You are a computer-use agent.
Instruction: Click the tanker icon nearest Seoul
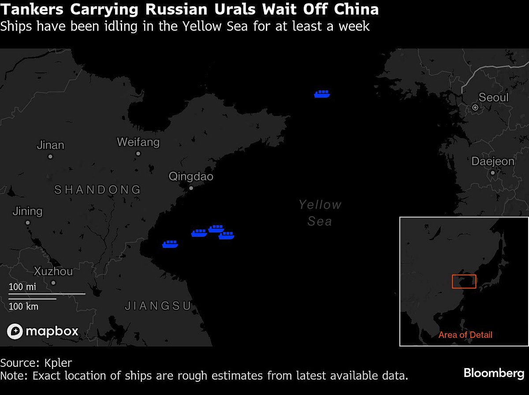pos(322,93)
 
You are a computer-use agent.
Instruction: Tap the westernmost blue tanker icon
pos(170,244)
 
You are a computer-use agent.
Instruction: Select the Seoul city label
pos(493,97)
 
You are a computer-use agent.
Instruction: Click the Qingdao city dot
pos(191,188)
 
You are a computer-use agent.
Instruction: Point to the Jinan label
pos(50,145)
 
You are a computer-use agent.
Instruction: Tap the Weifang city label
pos(138,142)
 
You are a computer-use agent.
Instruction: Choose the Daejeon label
pos(493,161)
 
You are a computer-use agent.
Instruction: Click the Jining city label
pos(27,211)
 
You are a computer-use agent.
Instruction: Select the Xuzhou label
pos(53,271)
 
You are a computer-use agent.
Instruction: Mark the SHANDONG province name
pos(97,190)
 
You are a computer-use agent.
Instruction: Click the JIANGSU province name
pos(158,306)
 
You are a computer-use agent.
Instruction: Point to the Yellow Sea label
pos(320,213)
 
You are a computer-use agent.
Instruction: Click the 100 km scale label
pos(23,306)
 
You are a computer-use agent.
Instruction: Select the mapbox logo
pos(43,331)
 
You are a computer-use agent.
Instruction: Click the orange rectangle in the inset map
pos(464,281)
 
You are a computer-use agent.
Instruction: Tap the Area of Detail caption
pos(465,335)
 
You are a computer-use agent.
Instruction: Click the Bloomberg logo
pos(494,373)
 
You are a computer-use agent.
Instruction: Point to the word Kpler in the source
pos(58,363)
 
